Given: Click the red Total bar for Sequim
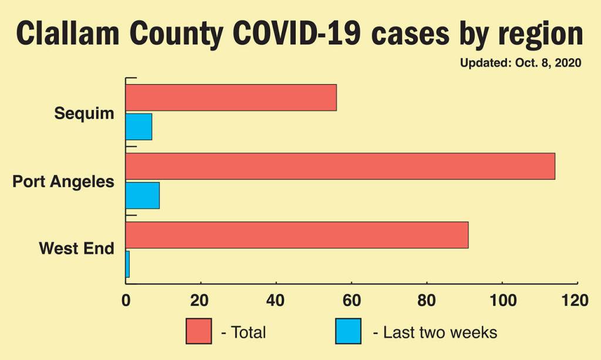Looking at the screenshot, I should coord(231,97).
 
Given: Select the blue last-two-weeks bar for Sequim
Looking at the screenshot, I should coord(139,126).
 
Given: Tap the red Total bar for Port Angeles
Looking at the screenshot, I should coord(340,166).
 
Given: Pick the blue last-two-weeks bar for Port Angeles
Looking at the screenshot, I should coord(142,195).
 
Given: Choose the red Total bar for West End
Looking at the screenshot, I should coord(296,235).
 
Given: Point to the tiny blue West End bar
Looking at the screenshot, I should coord(127,264).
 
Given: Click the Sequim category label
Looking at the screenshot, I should coord(84,113).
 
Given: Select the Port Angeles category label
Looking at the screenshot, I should coord(63,181).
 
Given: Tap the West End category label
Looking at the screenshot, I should coord(76,248).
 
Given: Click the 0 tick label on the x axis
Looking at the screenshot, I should coord(126,301).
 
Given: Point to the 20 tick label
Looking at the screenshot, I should coord(200,301).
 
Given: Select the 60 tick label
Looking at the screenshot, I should coord(351,301).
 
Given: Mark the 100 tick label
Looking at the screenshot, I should coord(502,301).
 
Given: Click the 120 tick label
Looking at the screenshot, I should coord(575,301).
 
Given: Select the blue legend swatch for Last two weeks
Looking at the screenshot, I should coord(349,331).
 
